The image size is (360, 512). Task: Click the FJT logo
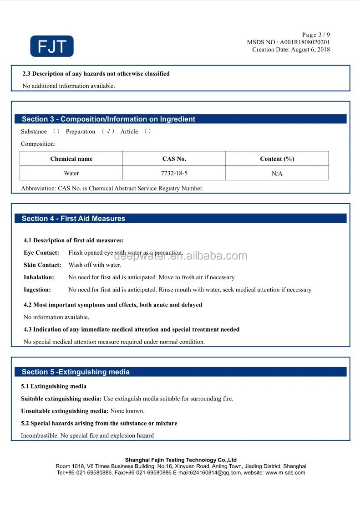tap(51, 46)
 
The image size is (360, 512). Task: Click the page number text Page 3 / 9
tap(316, 35)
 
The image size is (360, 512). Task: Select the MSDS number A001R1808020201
tap(305, 42)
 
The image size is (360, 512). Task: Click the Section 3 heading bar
tap(181, 119)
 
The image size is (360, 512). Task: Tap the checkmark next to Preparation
tap(107, 132)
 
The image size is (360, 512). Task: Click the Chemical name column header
tap(71, 159)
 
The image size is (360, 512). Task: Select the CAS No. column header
tap(174, 159)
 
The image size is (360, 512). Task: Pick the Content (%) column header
tap(277, 159)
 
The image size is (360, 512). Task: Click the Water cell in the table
tap(71, 173)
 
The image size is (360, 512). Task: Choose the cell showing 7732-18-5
tap(174, 173)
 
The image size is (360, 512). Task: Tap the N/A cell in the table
tap(277, 174)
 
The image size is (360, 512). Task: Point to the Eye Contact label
tap(41, 253)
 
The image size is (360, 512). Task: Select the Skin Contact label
tap(42, 265)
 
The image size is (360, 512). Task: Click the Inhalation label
tap(39, 277)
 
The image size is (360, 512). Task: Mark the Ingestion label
tap(37, 290)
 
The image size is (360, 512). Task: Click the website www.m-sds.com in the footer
tap(285, 473)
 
